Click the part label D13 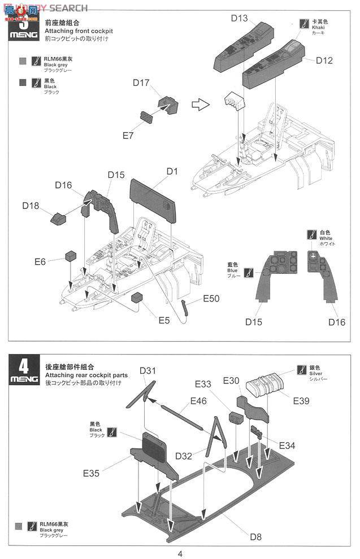(x=239, y=18)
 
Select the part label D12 (x=324, y=60)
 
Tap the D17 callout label (x=141, y=82)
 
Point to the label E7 (x=129, y=136)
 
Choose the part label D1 (x=172, y=171)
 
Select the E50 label (x=211, y=298)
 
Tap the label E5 (x=164, y=320)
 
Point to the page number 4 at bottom (x=179, y=553)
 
